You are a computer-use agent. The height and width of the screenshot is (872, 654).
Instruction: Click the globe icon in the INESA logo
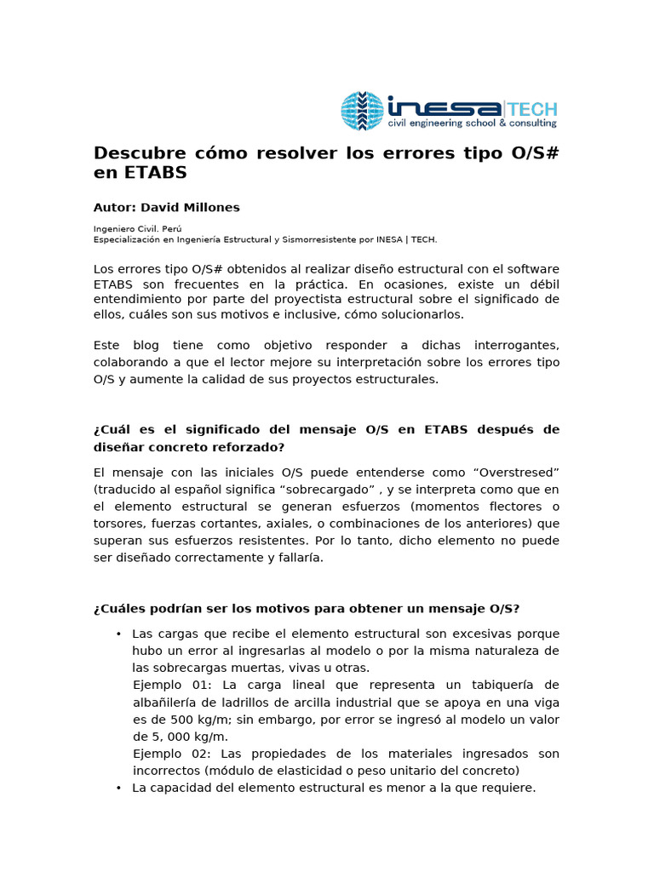362,111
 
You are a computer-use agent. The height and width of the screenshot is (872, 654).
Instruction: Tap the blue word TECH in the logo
532,109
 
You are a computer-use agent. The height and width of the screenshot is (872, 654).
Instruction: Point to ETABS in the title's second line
154,173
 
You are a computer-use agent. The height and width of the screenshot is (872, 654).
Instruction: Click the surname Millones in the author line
211,207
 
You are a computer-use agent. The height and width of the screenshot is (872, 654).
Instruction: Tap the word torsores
118,523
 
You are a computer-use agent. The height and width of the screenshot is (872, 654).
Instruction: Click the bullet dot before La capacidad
119,788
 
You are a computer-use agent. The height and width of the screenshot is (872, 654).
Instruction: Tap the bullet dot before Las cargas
119,634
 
